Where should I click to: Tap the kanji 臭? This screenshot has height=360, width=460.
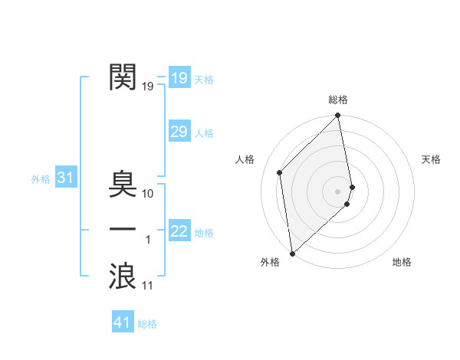coord(123,184)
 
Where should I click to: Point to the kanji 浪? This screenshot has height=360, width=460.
coord(123,275)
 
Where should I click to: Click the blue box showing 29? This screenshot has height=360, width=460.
coord(179,132)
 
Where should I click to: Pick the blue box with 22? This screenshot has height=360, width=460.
coord(179,231)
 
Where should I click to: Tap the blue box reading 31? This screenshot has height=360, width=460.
coord(65,178)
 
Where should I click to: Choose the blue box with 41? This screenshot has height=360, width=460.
coord(123,322)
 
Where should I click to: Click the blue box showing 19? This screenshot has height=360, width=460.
coord(179,78)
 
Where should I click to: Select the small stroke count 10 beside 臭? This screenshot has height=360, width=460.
coord(148,194)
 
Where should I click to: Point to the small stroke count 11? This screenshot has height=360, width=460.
coord(148,286)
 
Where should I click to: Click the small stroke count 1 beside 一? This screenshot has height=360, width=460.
coord(148,240)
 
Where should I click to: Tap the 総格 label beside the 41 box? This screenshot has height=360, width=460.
coord(147,324)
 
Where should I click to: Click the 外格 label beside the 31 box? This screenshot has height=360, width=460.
coord(41,179)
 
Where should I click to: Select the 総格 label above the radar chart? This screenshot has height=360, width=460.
coord(338,100)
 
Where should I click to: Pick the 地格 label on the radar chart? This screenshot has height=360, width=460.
coord(402,262)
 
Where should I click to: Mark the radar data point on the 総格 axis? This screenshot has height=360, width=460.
coord(338,116)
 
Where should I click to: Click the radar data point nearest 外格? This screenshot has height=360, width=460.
coord(292,254)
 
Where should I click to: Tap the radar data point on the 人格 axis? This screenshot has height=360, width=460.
coord(280,172)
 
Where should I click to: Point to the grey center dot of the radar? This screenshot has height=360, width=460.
coord(338,191)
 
